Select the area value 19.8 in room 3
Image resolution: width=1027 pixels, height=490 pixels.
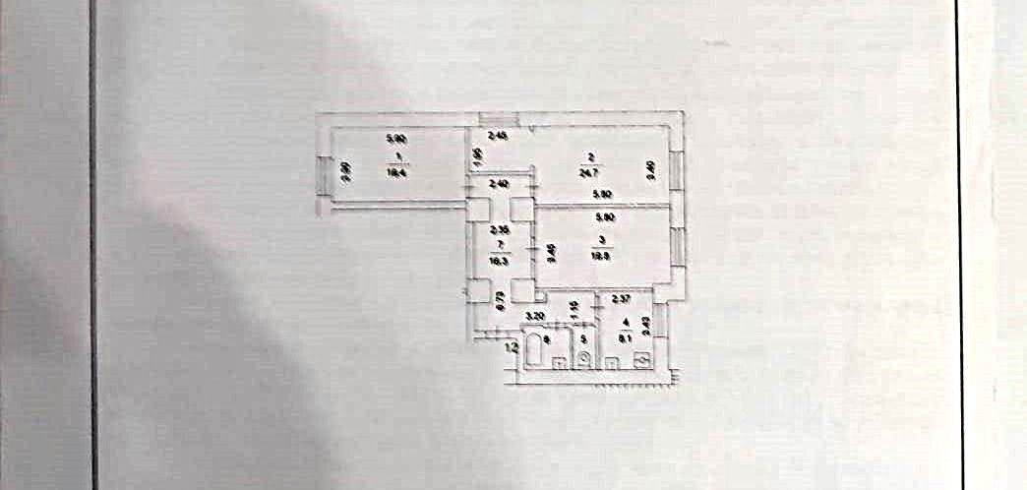pos(599,252)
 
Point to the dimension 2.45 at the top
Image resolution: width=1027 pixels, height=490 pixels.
pos(498,136)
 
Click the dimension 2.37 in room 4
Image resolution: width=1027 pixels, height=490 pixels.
pos(621,299)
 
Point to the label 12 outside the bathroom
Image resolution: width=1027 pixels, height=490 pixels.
pos(512,346)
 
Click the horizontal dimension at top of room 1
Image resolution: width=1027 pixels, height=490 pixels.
pos(395,139)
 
